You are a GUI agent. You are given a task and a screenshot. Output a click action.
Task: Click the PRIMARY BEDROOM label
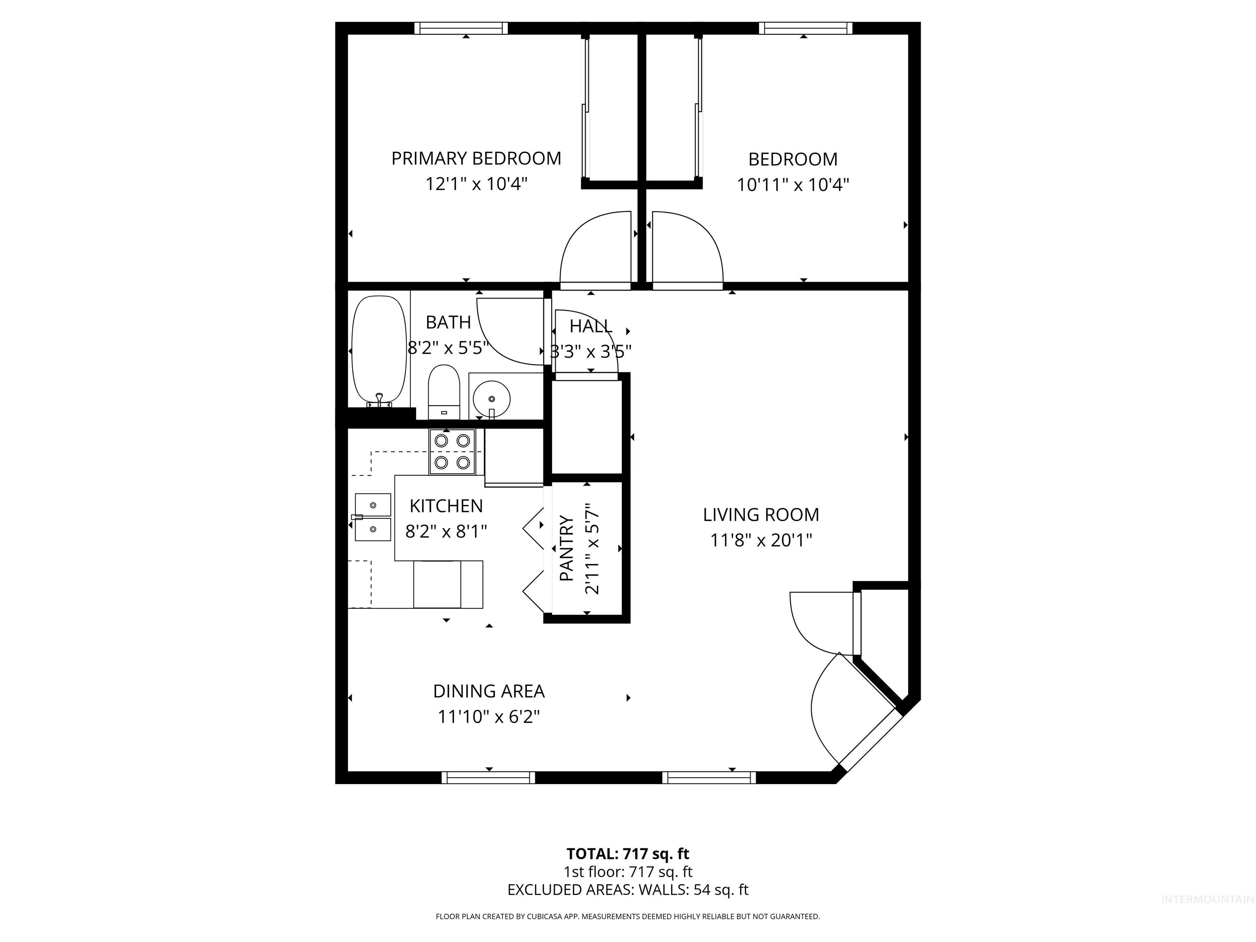(x=476, y=158)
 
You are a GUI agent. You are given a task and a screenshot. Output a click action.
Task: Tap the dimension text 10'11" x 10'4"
(x=793, y=184)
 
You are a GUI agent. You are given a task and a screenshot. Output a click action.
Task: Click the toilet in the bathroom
(x=444, y=391)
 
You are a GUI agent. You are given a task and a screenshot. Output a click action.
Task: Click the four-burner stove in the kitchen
(x=452, y=451)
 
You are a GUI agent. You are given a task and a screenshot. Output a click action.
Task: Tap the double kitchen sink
(x=372, y=517)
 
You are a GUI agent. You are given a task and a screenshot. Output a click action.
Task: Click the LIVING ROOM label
(x=761, y=514)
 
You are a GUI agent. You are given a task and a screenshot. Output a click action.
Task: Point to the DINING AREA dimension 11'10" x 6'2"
(x=488, y=717)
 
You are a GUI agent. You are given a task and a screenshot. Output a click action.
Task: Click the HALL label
(x=590, y=326)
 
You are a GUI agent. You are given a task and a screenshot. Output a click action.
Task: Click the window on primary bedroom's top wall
(x=460, y=28)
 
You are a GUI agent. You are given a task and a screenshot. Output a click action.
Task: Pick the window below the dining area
(x=488, y=777)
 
